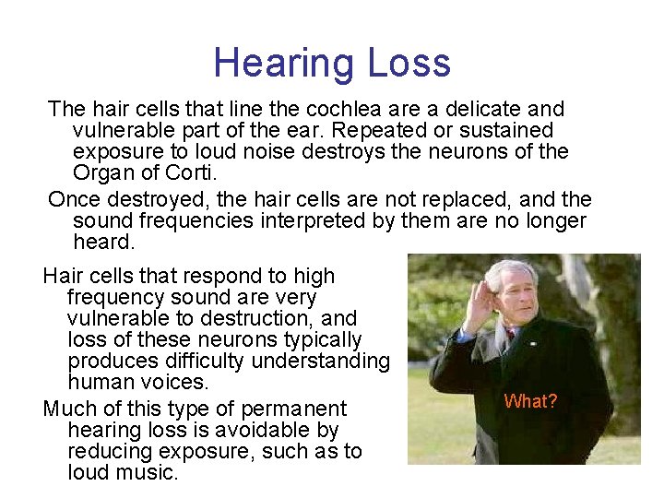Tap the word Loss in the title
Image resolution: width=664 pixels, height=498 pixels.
coord(409,63)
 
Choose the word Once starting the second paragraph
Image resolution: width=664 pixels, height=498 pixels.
coord(77,199)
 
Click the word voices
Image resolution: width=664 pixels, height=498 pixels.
coord(176,382)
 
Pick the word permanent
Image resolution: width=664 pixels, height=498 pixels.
coord(293,409)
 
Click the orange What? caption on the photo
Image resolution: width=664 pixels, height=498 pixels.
coord(530,401)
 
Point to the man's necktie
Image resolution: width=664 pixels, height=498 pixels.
coord(509,335)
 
